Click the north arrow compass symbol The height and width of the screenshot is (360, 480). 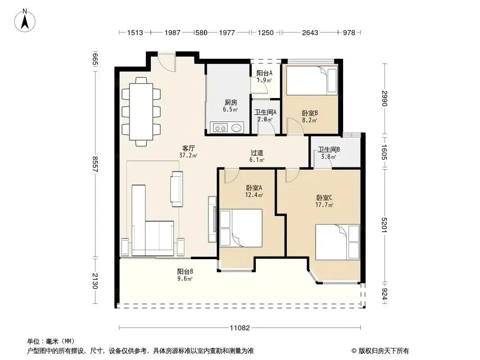[25, 20]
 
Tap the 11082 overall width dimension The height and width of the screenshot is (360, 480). [240, 328]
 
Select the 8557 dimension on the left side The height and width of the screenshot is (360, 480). [95, 165]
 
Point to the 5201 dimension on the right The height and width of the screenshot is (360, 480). [385, 225]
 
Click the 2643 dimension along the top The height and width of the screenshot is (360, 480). [310, 32]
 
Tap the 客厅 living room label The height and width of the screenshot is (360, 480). [189, 148]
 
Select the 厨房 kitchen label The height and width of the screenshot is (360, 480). [231, 103]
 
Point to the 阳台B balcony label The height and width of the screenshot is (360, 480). [185, 271]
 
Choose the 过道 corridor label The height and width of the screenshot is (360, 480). [257, 153]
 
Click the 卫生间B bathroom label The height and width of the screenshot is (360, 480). [329, 149]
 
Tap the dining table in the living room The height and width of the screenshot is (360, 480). [141, 111]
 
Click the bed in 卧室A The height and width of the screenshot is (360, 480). [241, 228]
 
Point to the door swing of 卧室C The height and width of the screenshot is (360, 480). [293, 175]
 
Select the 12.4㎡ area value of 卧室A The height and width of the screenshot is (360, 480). [254, 195]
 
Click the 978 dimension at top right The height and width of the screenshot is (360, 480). [349, 32]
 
